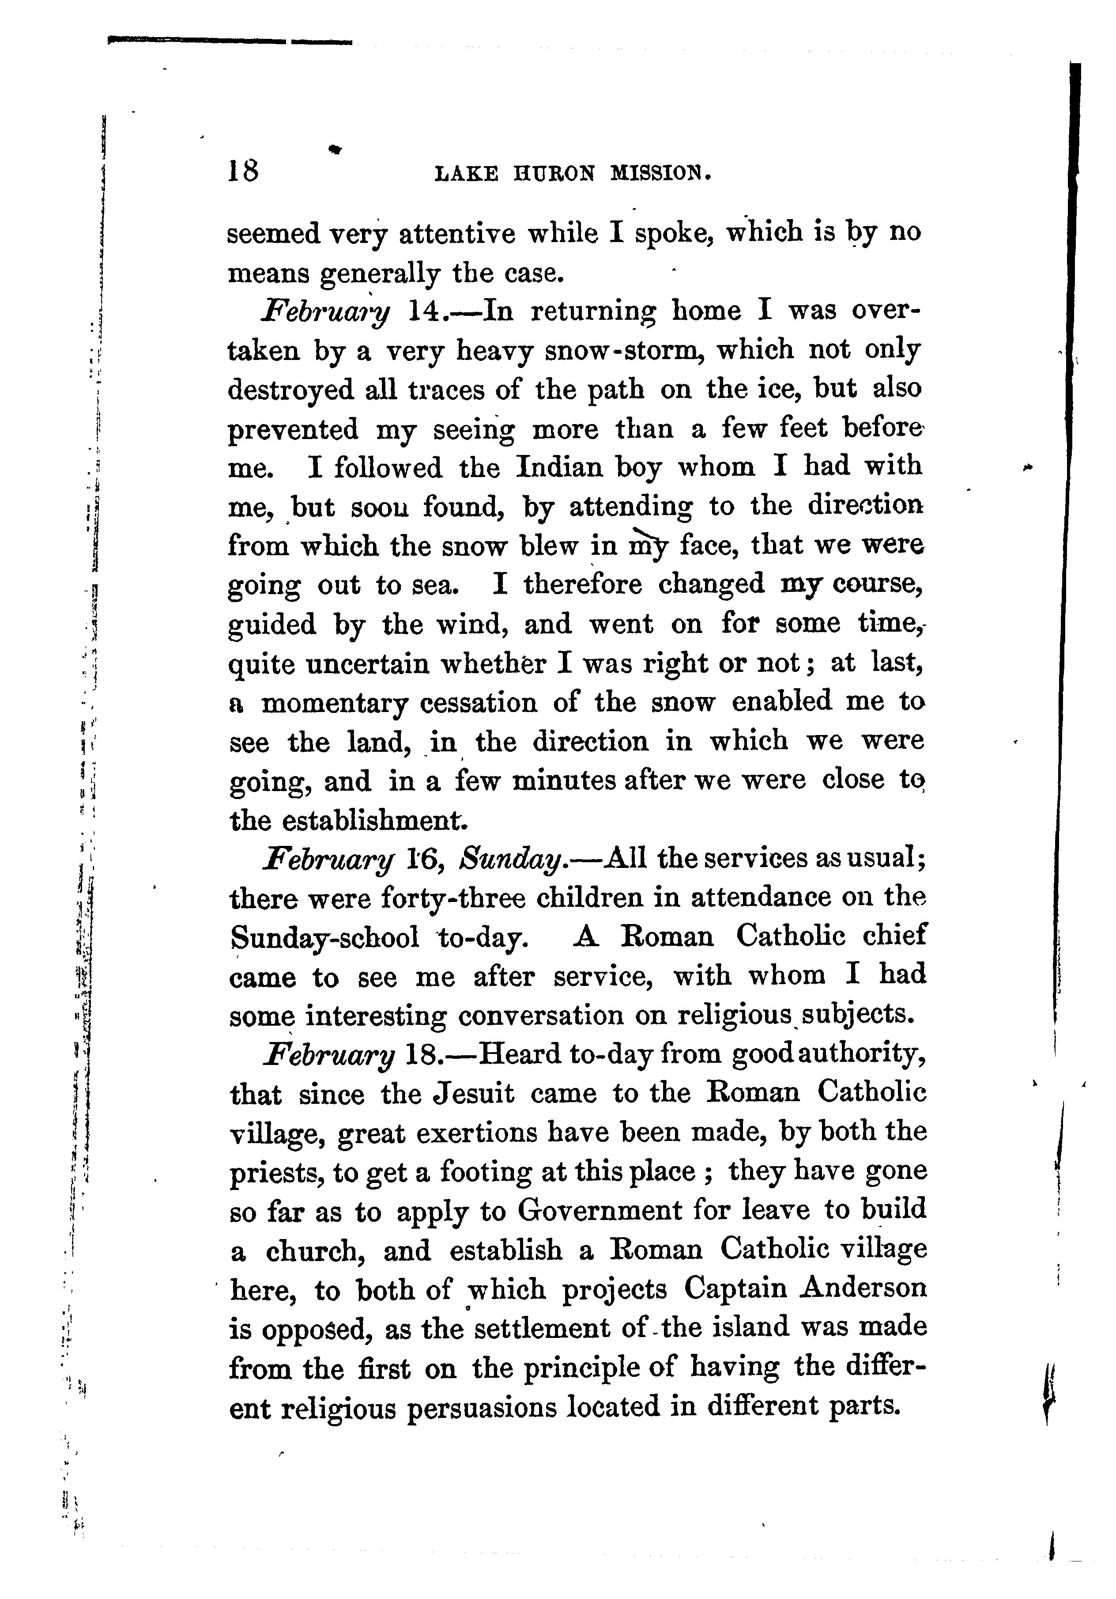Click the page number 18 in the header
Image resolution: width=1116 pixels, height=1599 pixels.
pos(243,170)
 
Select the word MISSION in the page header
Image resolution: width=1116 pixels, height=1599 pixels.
pos(661,173)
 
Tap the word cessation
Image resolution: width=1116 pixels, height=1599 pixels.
pos(478,702)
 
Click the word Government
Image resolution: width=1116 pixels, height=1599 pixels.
pos(599,1211)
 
